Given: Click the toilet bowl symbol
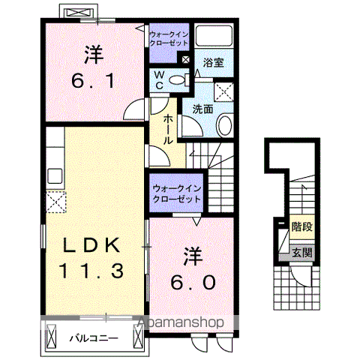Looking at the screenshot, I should [178, 80].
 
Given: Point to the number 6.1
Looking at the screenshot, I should [93, 79].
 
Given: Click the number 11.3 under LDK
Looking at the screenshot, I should [92, 270].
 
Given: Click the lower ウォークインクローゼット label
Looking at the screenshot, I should [176, 195].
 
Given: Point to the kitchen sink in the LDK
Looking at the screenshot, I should [54, 176].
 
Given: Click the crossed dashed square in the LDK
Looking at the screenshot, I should [55, 201].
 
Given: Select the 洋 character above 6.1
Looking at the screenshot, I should [93, 54].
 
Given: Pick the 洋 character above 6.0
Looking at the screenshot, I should [192, 256].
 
